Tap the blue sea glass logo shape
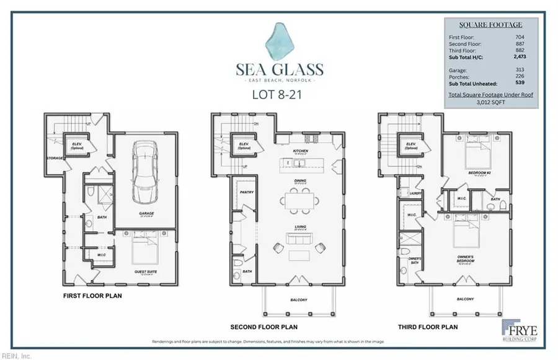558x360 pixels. pyautogui.click(x=279, y=42)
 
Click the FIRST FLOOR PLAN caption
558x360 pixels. pyautogui.click(x=92, y=296)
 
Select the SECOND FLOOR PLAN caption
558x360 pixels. pyautogui.click(x=263, y=327)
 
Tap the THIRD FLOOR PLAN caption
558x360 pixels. pyautogui.click(x=428, y=327)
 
